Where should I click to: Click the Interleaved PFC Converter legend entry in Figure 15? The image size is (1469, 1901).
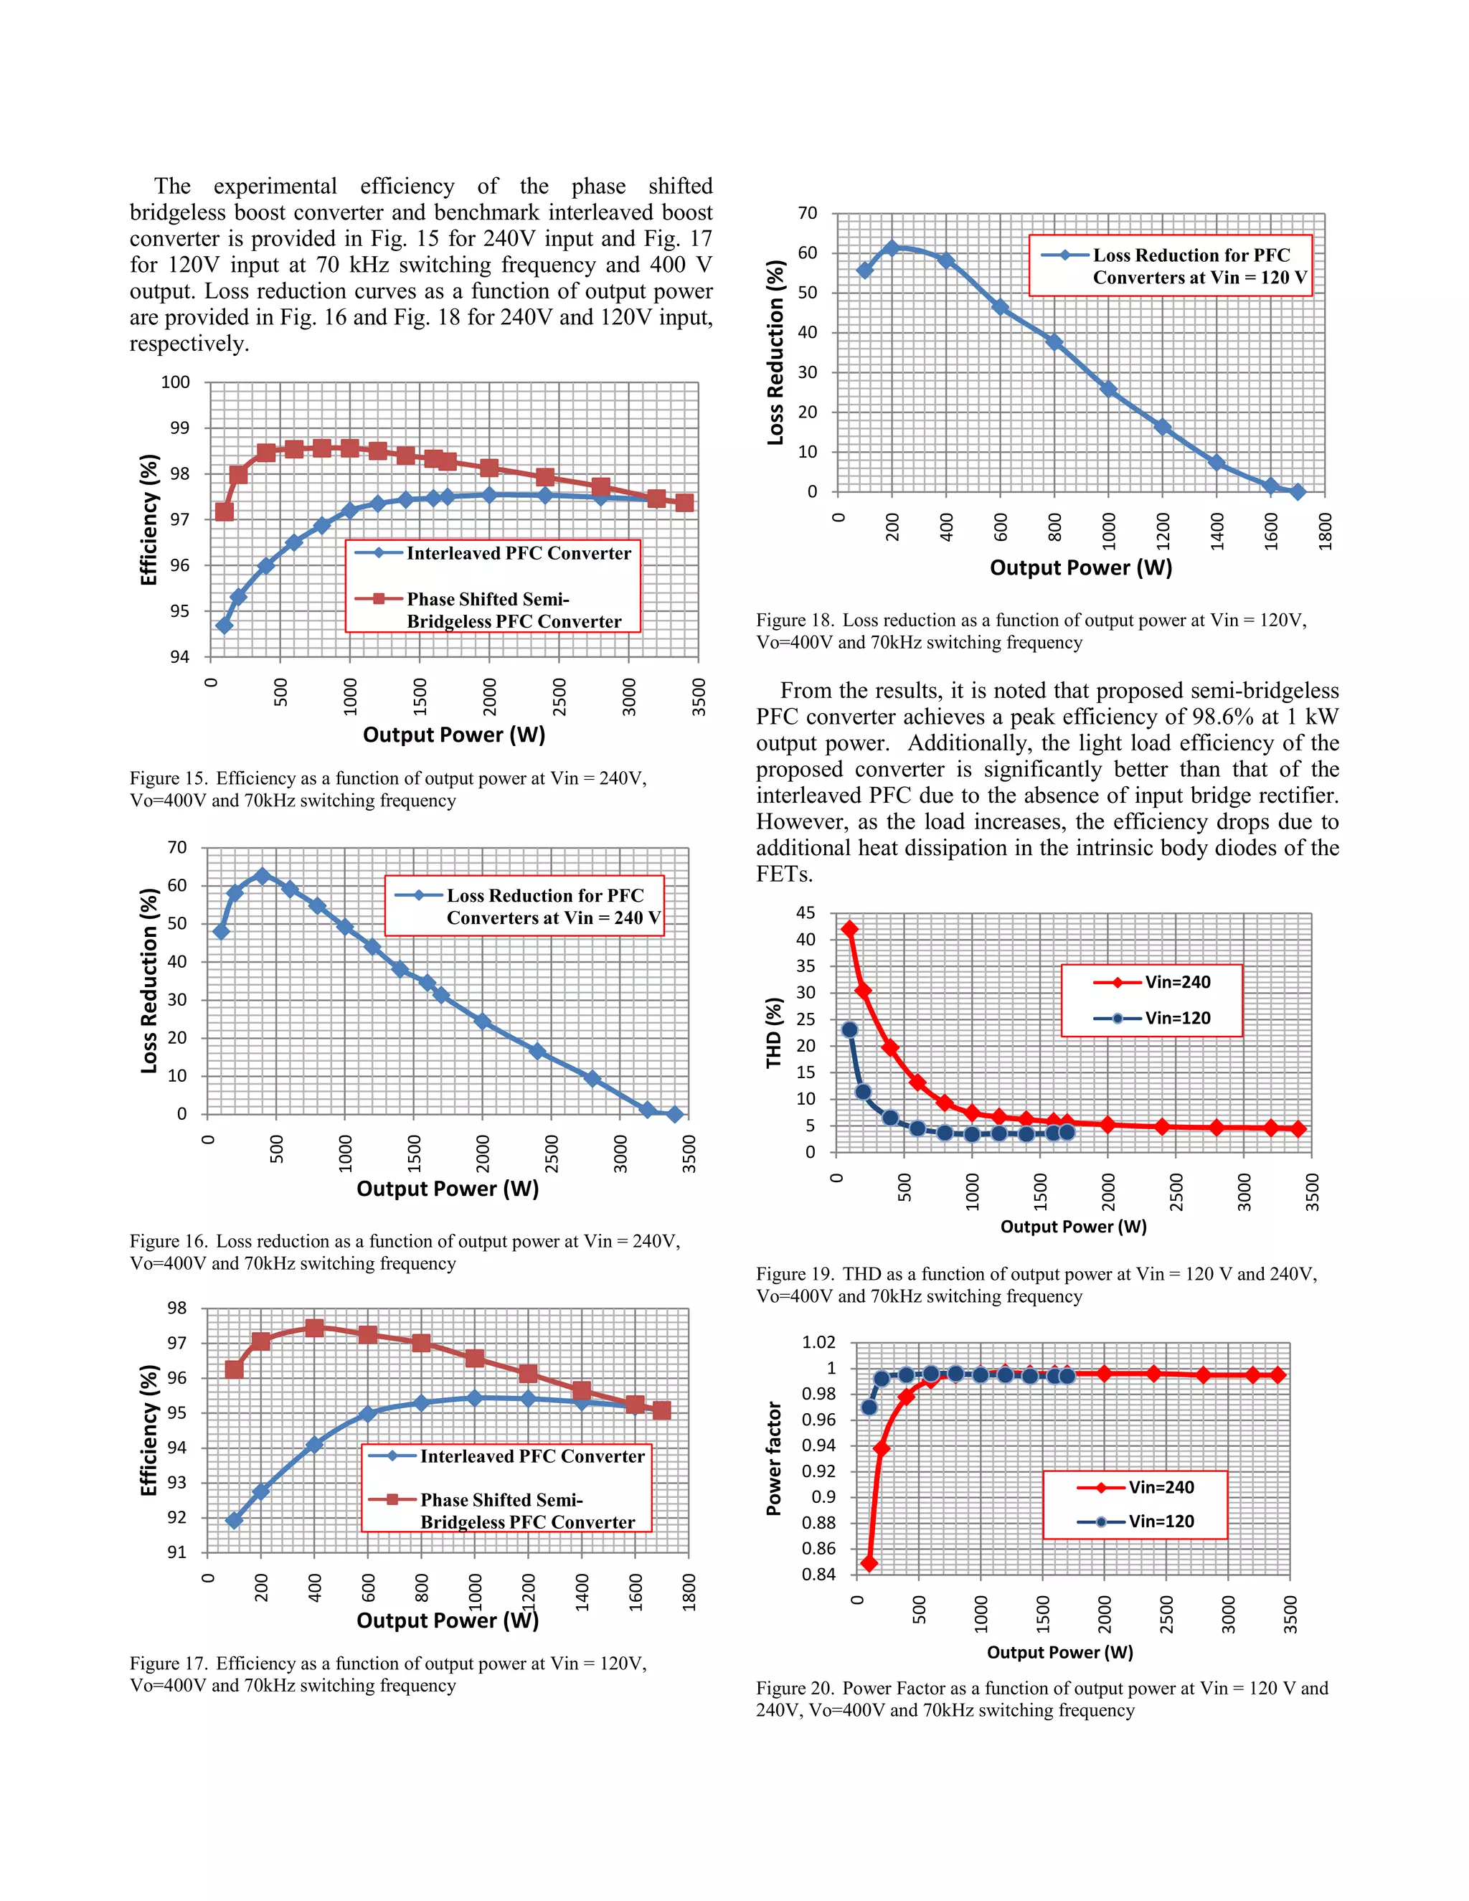pos(518,554)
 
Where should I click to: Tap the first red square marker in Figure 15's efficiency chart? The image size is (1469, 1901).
pos(225,511)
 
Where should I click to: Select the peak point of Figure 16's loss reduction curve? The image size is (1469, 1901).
pos(262,876)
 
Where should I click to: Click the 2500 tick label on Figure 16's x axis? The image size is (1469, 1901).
pos(552,1154)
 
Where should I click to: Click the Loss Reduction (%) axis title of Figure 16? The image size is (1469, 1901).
pos(150,981)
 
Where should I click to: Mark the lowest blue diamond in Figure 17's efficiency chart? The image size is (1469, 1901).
pos(233,1521)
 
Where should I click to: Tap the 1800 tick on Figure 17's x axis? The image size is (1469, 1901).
pos(689,1592)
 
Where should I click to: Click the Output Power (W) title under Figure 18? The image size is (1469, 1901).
pos(1080,568)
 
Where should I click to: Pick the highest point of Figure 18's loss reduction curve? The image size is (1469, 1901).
pos(891,248)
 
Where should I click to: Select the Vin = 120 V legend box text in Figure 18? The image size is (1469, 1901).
pos(1199,266)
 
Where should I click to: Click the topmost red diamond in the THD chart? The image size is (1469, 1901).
pos(849,930)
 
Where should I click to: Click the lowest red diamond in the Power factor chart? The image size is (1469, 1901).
pos(869,1564)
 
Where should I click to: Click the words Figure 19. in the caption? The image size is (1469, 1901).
pos(795,1274)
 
